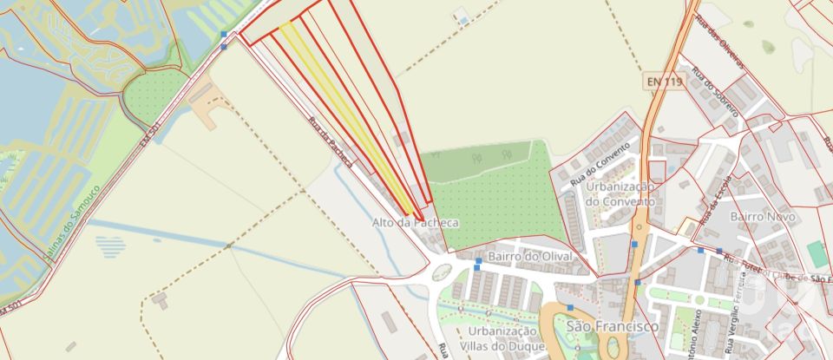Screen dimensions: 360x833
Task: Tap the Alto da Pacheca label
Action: click(x=415, y=223)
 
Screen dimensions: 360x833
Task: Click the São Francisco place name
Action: click(x=612, y=326)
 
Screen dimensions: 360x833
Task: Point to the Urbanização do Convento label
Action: click(x=619, y=193)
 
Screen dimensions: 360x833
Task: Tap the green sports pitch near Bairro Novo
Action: click(x=816, y=254)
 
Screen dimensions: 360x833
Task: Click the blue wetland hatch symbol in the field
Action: click(x=110, y=246)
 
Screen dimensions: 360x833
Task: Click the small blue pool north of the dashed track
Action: click(x=462, y=19)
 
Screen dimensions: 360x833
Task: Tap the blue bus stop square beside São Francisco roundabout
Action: click(x=570, y=307)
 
